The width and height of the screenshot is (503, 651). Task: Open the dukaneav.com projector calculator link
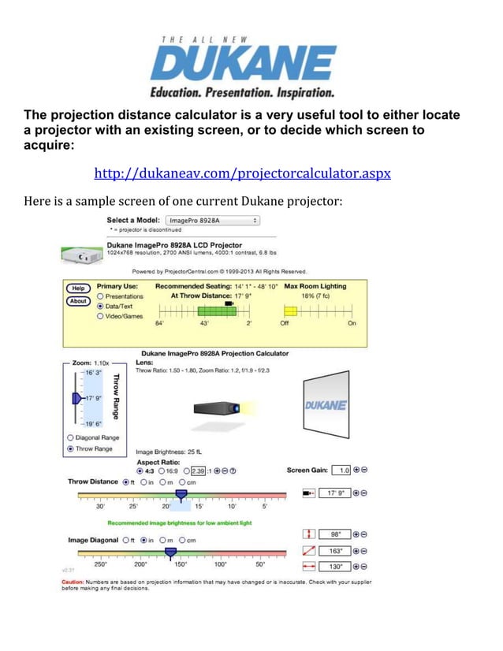point(242,173)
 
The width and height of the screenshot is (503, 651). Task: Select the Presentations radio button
point(100,296)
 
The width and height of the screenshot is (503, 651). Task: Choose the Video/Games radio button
point(100,316)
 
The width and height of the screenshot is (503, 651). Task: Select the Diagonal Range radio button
point(71,437)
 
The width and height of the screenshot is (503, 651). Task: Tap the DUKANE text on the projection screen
point(325,405)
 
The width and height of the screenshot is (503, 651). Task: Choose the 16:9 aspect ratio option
point(162,471)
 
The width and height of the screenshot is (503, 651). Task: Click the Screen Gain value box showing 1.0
point(341,471)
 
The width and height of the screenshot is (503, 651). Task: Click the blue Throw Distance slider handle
point(181,495)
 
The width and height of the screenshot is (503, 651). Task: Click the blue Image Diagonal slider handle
point(170,553)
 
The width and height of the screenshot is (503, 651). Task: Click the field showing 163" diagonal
point(334,551)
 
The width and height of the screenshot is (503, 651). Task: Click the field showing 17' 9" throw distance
point(334,493)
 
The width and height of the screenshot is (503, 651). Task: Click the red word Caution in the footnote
point(74,582)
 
